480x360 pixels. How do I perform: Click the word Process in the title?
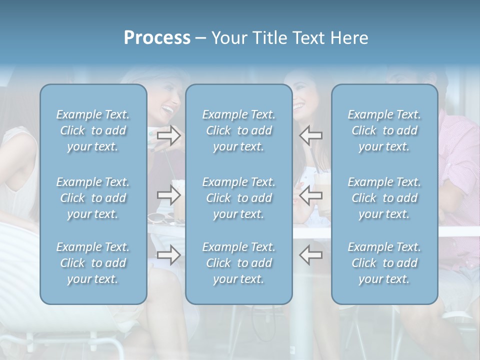[x=157, y=38]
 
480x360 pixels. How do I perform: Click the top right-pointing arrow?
[x=169, y=134]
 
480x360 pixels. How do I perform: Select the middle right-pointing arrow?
[x=169, y=195]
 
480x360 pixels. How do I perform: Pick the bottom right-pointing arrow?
[x=169, y=255]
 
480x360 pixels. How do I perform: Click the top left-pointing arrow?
[x=310, y=134]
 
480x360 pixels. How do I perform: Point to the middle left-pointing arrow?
[x=310, y=195]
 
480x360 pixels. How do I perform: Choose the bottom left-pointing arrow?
[x=310, y=255]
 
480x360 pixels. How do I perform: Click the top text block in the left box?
[x=93, y=130]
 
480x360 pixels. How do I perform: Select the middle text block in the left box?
[x=93, y=198]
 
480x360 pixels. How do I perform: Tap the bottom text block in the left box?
[x=93, y=263]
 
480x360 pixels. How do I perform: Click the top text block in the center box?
[x=238, y=130]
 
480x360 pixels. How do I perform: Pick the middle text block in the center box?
[x=238, y=198]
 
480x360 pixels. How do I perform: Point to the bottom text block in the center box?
[x=238, y=263]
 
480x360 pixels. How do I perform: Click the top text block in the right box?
[x=384, y=130]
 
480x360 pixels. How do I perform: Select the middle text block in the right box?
[x=384, y=198]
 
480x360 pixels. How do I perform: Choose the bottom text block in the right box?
[x=384, y=263]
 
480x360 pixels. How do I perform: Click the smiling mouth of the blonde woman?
[x=168, y=109]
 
